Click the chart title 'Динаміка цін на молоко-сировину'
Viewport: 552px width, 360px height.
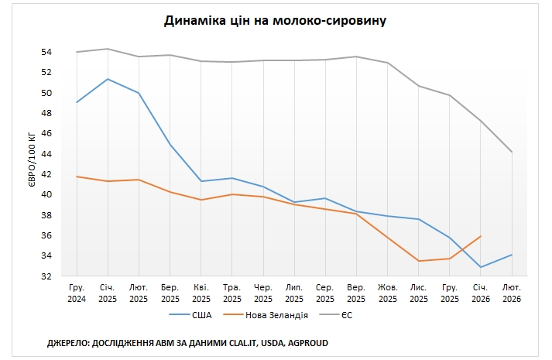click(x=276, y=20)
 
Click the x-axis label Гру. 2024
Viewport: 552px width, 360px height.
click(x=77, y=293)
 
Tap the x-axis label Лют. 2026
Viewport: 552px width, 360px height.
click(x=512, y=293)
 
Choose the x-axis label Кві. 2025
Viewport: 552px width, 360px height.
click(x=201, y=293)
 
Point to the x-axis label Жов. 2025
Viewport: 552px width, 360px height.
click(x=387, y=293)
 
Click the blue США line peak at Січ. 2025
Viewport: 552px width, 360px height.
click(x=108, y=79)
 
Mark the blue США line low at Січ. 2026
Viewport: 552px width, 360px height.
click(x=481, y=267)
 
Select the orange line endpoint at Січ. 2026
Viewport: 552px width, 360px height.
click(x=481, y=236)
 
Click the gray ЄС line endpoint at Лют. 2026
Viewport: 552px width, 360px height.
click(x=512, y=152)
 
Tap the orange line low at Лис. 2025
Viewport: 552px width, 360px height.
click(x=419, y=261)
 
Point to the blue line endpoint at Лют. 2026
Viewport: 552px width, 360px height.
click(x=512, y=255)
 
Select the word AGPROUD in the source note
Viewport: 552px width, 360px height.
click(x=314, y=342)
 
